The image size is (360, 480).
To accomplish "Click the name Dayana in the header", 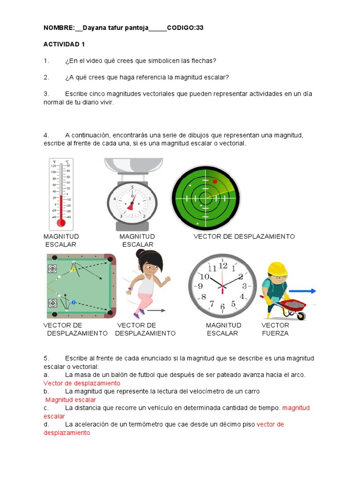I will click(94, 28).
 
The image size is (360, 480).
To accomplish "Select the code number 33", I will click(200, 28).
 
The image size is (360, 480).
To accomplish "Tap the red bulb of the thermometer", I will click(61, 222).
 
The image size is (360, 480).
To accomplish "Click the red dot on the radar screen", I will click(215, 181).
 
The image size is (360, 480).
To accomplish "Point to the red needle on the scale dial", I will click(132, 202).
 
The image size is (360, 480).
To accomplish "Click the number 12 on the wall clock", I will click(223, 266).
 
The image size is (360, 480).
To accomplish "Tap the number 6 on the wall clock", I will click(223, 307).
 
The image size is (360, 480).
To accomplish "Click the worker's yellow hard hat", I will click(277, 269).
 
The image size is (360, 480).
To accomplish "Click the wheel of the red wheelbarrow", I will click(300, 316).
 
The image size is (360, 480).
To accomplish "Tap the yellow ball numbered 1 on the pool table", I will click(73, 270).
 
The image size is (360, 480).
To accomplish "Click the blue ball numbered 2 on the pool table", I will click(73, 302).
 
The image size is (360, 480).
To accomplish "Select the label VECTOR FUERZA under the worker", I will click(275, 329).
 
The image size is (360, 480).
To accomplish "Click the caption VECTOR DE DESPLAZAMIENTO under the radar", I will click(244, 237).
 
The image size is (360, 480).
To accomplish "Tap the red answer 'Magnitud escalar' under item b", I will click(71, 400).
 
